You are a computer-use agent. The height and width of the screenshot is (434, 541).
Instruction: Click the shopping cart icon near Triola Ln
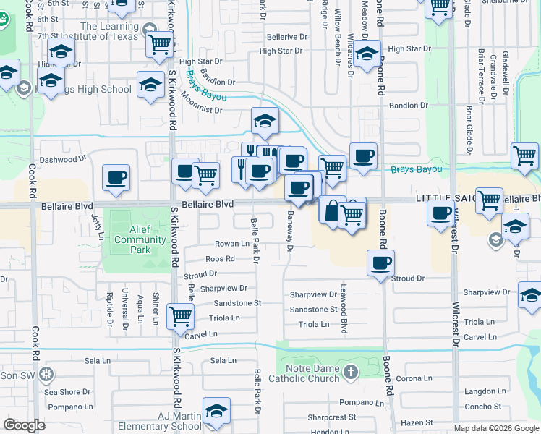point(179,315)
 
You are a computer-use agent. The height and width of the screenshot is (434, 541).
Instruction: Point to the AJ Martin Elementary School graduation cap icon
point(216,412)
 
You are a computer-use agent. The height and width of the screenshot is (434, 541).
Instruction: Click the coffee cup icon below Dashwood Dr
point(116,177)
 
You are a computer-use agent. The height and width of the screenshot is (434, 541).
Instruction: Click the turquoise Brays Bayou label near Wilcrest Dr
point(416,170)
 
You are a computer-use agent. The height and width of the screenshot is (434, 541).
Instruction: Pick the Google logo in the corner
point(25,425)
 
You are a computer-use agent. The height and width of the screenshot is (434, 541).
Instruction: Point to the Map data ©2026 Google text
point(495,428)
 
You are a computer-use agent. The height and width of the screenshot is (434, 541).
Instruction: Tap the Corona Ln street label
point(414,378)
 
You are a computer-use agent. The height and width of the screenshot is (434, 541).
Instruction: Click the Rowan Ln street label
point(231,243)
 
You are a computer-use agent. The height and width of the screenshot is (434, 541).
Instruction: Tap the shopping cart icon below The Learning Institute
point(159,45)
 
